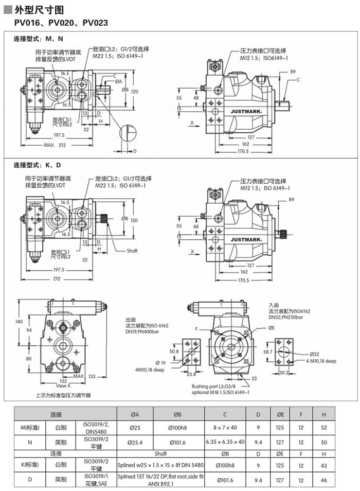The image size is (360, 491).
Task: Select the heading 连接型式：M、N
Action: [38, 39]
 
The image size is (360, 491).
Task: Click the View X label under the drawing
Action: [63, 385]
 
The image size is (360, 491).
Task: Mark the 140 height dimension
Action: [19, 322]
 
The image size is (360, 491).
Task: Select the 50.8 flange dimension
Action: [174, 351]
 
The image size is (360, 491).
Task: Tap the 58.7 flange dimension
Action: [267, 352]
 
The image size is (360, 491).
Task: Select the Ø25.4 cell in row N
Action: [135, 442]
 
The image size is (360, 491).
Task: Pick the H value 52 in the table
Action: [323, 427]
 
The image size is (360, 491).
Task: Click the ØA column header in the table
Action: [135, 414]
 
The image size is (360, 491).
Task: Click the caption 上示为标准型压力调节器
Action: [63, 395]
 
